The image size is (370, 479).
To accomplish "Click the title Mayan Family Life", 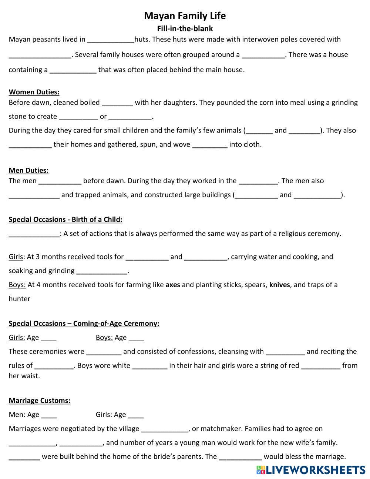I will pyautogui.click(x=185, y=16).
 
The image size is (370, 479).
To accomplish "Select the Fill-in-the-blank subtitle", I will pyautogui.click(x=185, y=29).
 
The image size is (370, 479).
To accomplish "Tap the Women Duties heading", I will pyautogui.click(x=34, y=92).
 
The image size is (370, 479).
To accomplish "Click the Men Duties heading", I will pyautogui.click(x=28, y=171).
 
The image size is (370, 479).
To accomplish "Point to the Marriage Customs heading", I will pyautogui.click(x=40, y=401).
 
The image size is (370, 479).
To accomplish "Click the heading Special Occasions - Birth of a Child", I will pyautogui.click(x=65, y=220).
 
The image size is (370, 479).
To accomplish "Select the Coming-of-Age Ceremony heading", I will pyautogui.click(x=84, y=324).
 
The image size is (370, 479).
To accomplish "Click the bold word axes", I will pyautogui.click(x=173, y=285).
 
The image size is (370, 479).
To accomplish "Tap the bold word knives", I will pyautogui.click(x=279, y=285).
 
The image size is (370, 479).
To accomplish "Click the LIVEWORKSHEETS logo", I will pyautogui.click(x=310, y=470).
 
